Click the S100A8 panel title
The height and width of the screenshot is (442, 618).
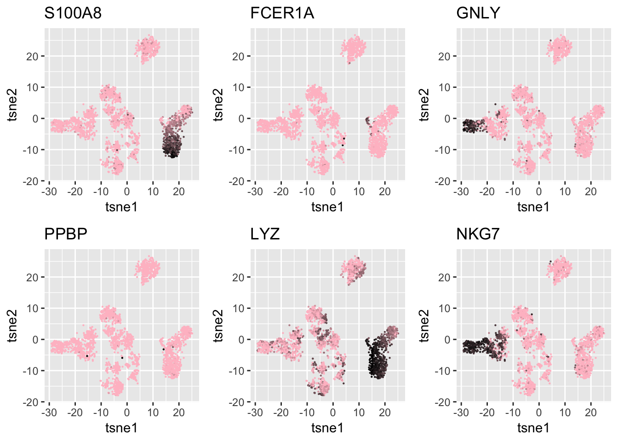[73, 13]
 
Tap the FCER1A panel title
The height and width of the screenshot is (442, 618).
[282, 13]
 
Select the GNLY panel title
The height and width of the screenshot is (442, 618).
[478, 13]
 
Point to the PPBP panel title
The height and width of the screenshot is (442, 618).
[66, 234]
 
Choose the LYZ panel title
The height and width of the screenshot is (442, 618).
[265, 234]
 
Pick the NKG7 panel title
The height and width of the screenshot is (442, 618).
[478, 234]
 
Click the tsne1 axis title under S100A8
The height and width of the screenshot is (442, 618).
[121, 207]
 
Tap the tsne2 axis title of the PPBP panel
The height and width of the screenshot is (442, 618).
[12, 325]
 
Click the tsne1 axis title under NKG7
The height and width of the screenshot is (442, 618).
[533, 428]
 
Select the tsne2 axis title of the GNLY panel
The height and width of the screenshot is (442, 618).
[424, 104]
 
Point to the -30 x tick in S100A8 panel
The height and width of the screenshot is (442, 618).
[49, 192]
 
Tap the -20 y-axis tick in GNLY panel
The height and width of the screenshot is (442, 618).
[445, 181]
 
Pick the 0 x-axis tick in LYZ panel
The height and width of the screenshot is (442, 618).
[333, 413]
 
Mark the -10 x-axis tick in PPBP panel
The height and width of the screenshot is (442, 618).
[101, 413]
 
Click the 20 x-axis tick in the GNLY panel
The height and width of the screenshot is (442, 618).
[591, 192]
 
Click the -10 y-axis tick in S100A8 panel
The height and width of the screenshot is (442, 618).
[33, 150]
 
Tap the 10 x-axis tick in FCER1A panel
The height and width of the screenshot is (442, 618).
[359, 192]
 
